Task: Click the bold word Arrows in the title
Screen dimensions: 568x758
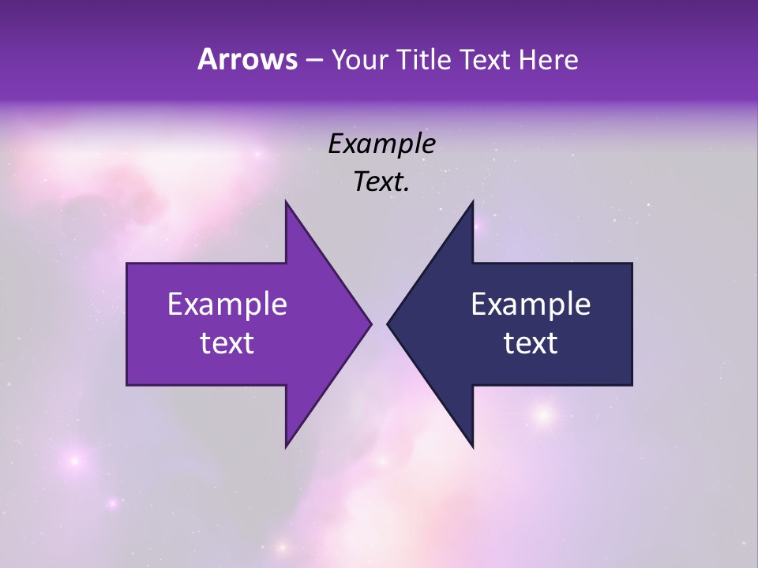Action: tap(247, 59)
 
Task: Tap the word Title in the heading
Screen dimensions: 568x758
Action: tap(423, 60)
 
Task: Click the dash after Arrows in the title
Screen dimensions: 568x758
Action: tap(313, 61)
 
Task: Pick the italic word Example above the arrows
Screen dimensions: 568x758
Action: tap(381, 144)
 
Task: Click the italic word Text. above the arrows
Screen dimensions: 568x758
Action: tap(381, 181)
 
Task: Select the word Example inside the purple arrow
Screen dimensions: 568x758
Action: tap(227, 305)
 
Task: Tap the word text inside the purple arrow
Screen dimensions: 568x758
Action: tap(227, 342)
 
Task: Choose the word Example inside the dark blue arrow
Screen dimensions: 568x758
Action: tap(531, 305)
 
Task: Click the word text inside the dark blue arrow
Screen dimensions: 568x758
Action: tap(531, 342)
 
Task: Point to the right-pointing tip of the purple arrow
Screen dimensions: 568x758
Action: tap(370, 323)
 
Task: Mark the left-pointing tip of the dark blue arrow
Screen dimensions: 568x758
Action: tap(389, 323)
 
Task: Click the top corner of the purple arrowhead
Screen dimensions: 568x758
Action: tap(287, 204)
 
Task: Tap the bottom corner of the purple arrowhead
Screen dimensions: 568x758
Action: tap(287, 445)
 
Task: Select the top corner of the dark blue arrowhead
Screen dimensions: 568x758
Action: tap(472, 204)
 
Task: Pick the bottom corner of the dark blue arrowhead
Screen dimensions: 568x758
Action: tap(472, 445)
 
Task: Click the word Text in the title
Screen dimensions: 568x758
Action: tap(484, 60)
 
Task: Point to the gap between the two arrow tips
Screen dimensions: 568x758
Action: tap(380, 323)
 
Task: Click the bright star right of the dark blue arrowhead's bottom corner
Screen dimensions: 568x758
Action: tap(543, 413)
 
